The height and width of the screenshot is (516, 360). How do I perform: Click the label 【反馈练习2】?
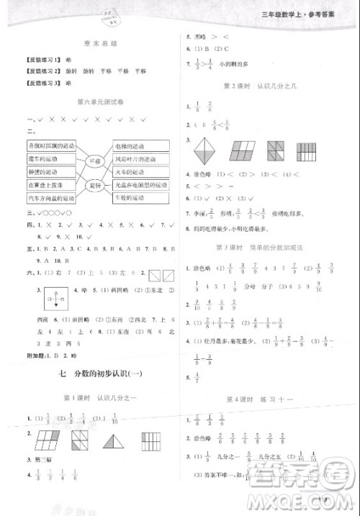(x=40, y=71)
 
